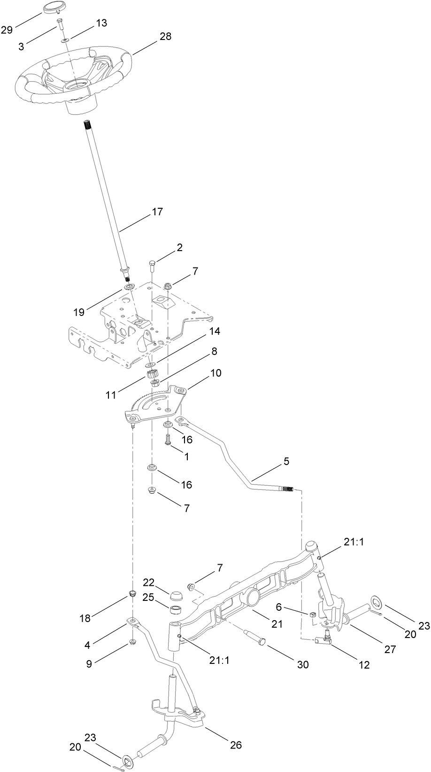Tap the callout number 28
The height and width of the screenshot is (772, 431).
click(165, 37)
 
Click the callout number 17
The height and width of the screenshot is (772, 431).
click(157, 212)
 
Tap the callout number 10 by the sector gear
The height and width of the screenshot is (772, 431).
click(216, 373)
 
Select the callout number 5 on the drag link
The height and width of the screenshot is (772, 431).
click(286, 461)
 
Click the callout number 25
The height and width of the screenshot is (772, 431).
click(148, 597)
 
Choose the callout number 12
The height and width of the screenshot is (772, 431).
click(363, 665)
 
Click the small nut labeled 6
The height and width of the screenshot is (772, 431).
click(312, 614)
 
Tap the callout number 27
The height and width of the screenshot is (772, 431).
click(390, 649)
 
